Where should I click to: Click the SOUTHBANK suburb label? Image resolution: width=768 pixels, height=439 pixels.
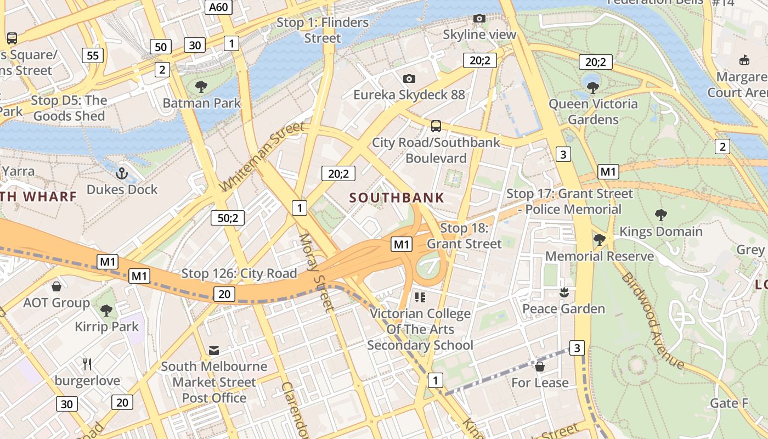pyautogui.click(x=397, y=198)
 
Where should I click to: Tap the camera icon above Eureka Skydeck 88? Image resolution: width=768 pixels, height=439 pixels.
pyautogui.click(x=409, y=79)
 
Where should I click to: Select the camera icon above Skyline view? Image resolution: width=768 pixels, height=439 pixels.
pyautogui.click(x=479, y=19)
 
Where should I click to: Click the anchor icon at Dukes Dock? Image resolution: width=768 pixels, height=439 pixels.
pyautogui.click(x=122, y=174)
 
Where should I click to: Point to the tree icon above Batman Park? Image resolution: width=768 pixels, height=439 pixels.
pyautogui.click(x=201, y=87)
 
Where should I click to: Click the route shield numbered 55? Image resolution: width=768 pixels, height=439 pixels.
pyautogui.click(x=93, y=55)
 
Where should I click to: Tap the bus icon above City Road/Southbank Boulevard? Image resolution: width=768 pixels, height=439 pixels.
pyautogui.click(x=436, y=126)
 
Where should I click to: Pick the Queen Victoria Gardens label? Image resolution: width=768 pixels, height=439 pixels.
pyautogui.click(x=593, y=111)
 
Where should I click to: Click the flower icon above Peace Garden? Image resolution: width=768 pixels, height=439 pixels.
pyautogui.click(x=563, y=293)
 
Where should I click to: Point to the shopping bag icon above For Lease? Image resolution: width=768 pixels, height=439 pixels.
pyautogui.click(x=540, y=366)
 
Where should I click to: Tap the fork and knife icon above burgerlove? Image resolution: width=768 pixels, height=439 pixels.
pyautogui.click(x=87, y=364)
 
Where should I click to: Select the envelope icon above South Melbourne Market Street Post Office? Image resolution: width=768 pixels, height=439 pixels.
pyautogui.click(x=214, y=350)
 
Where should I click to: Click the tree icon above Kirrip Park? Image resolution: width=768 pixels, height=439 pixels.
pyautogui.click(x=106, y=311)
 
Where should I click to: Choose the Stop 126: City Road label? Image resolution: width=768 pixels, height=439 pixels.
pyautogui.click(x=239, y=273)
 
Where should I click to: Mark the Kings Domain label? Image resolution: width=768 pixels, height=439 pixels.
pyautogui.click(x=660, y=232)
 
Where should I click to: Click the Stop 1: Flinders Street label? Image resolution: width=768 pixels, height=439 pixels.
pyautogui.click(x=323, y=30)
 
